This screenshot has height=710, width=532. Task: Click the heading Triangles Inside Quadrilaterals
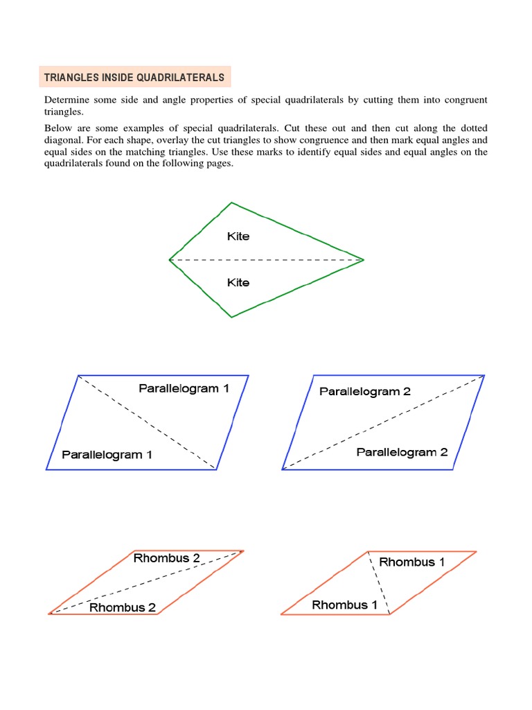coord(134,77)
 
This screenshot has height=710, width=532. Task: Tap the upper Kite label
coord(238,236)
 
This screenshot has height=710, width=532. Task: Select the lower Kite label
coord(238,283)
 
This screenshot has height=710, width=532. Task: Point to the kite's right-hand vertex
coord(363,260)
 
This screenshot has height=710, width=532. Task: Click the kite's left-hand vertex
coord(170,260)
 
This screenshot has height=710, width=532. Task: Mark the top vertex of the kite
coord(231,202)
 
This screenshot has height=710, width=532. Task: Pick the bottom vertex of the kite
coord(231,317)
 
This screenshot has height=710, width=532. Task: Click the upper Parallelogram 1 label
coord(184,388)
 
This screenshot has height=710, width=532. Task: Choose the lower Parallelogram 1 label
coord(107,455)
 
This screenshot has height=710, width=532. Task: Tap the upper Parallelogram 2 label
coord(364,392)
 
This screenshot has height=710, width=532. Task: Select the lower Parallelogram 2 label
coord(402,452)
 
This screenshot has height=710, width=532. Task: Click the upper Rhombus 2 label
coord(166,558)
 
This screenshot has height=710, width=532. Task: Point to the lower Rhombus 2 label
coord(123,607)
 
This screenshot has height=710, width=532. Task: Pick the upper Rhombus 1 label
coord(411,562)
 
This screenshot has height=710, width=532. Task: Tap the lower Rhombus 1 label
coord(344,605)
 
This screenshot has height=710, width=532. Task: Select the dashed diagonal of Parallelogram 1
coord(147,422)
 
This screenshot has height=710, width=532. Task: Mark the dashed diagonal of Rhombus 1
coord(379,582)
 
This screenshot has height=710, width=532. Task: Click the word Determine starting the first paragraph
coord(68,100)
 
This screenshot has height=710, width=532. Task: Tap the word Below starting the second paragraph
coord(59,128)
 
